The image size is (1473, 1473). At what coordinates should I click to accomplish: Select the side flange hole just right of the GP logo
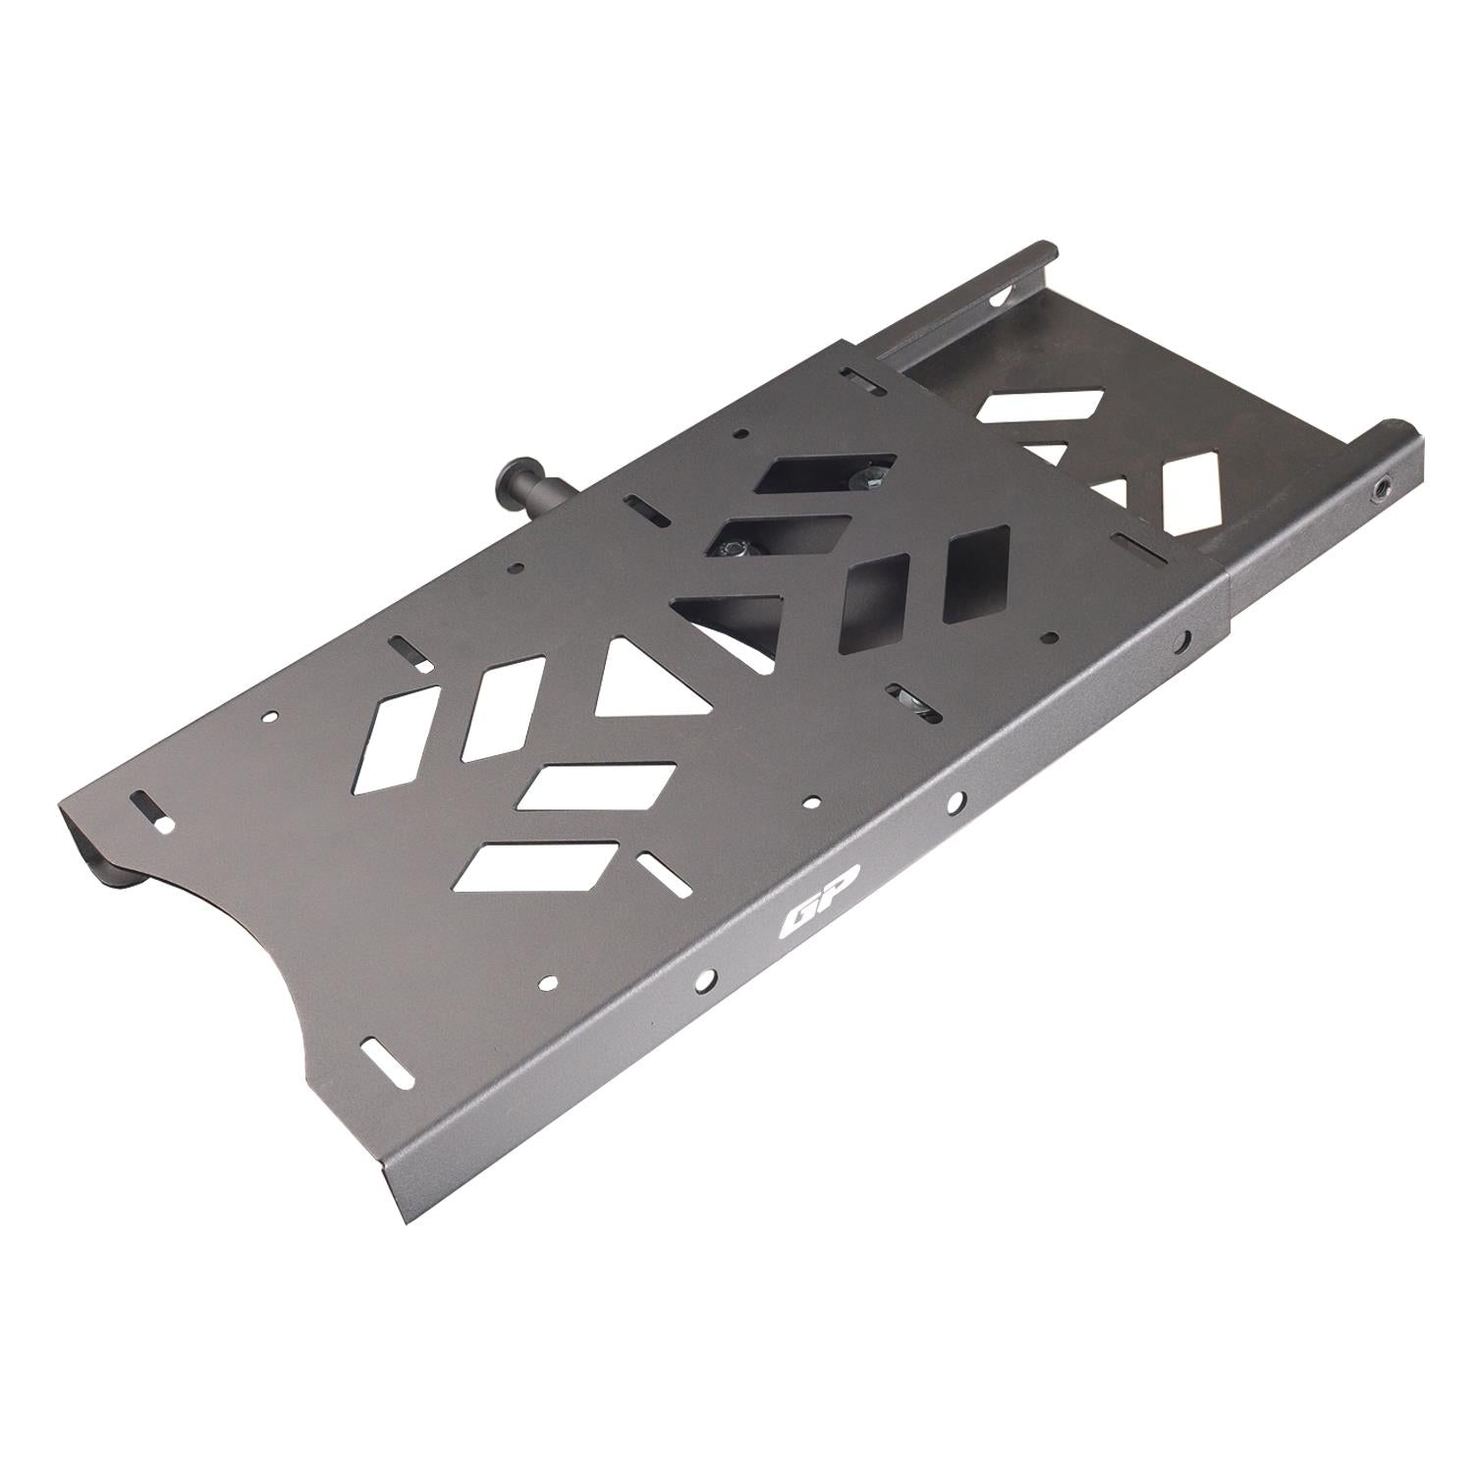coord(954,804)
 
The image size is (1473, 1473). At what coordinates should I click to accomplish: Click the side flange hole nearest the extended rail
coord(1187,639)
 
